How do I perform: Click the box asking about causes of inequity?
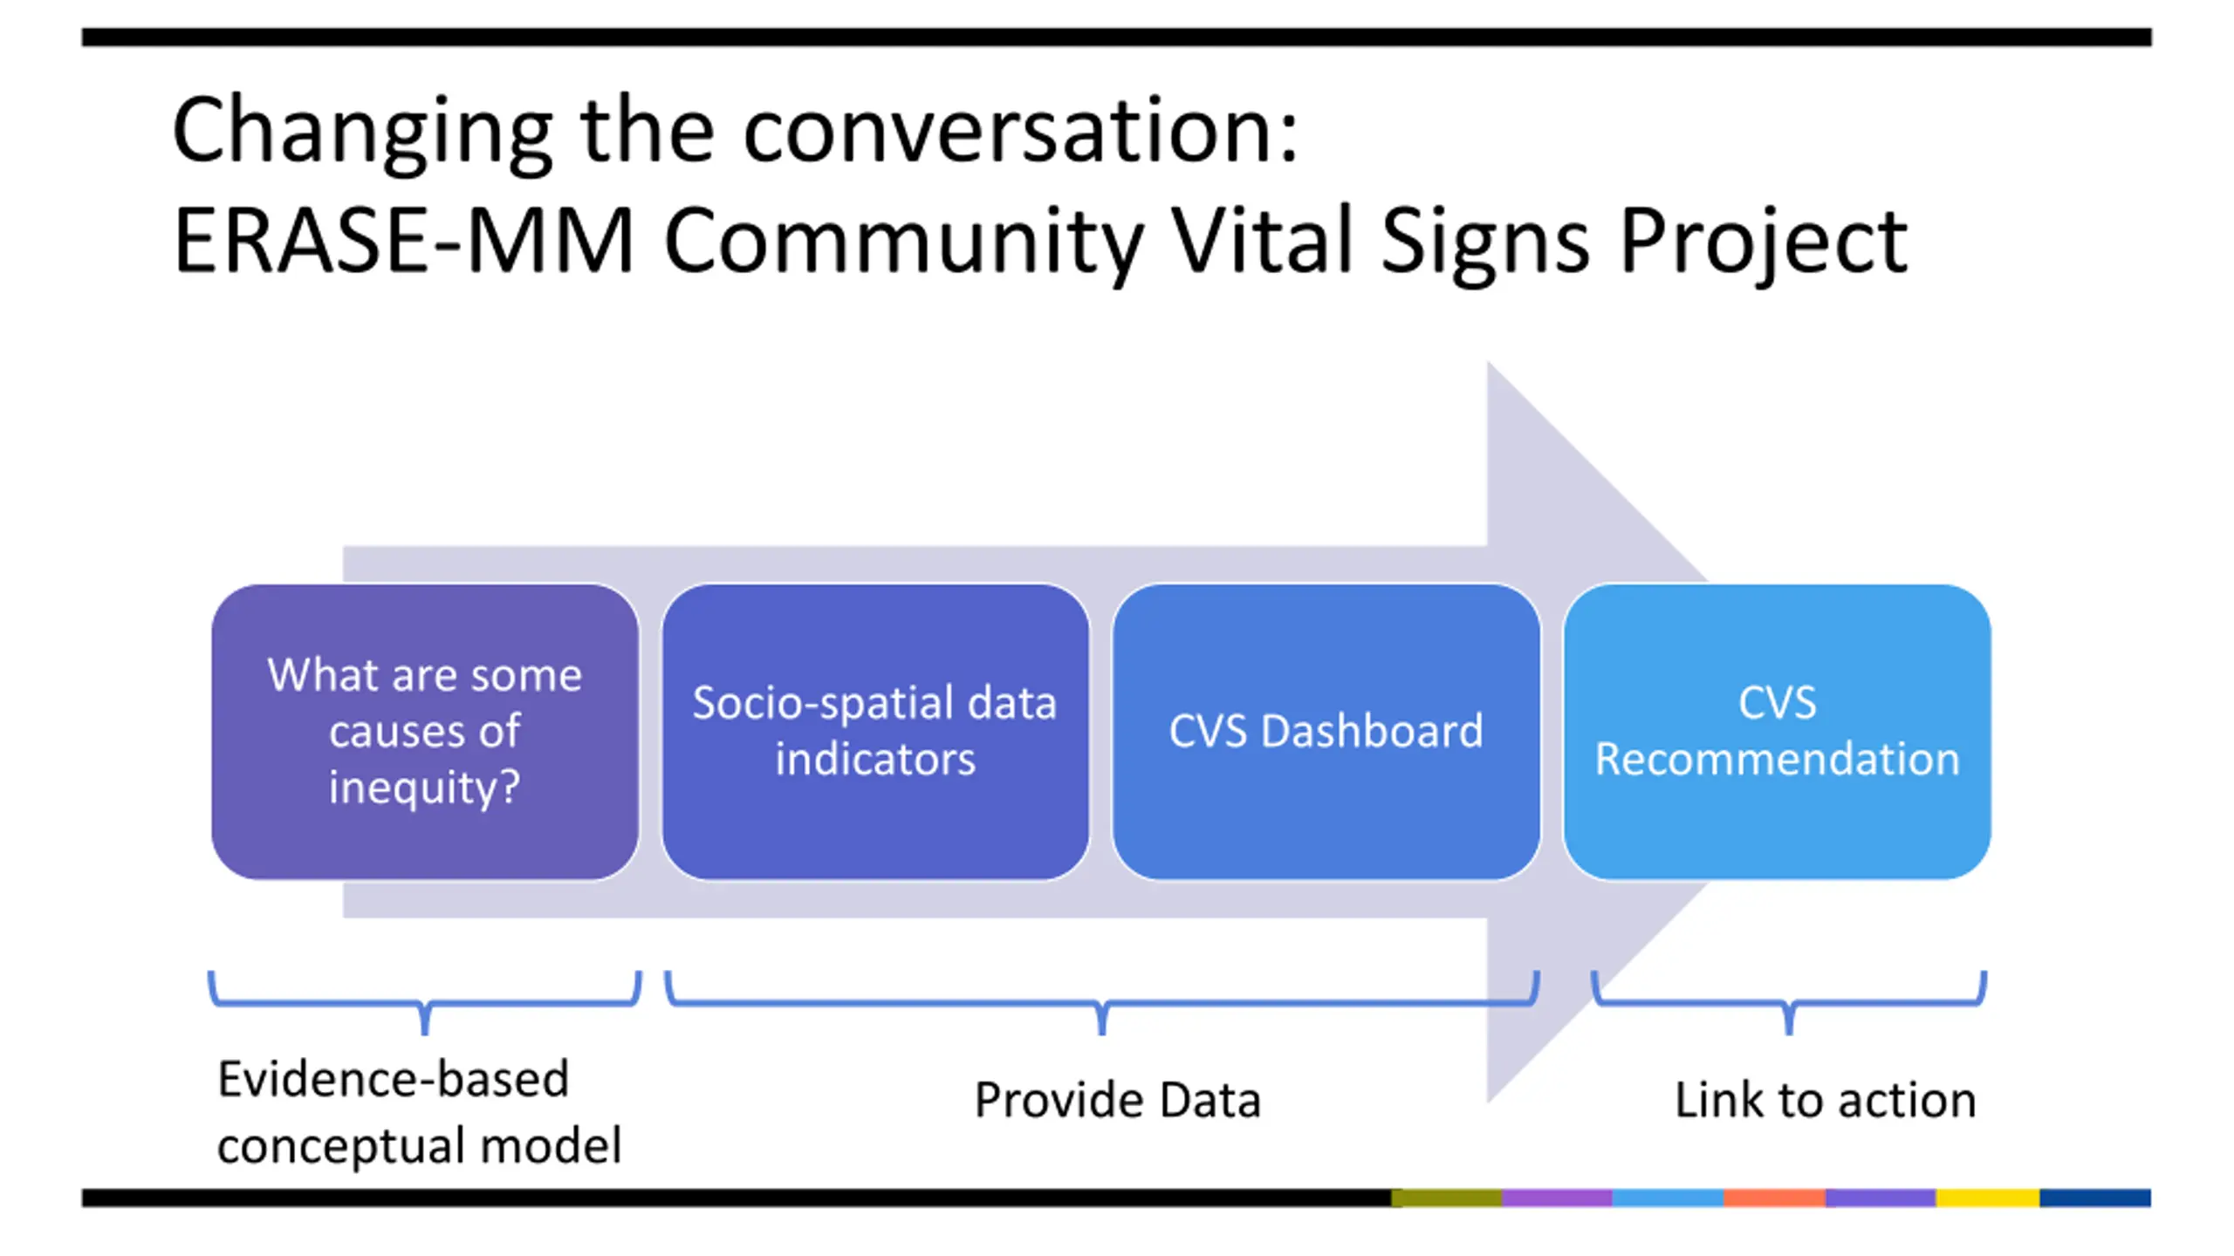click(x=425, y=732)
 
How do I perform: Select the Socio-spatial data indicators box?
click(x=875, y=732)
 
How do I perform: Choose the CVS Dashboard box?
click(x=1326, y=732)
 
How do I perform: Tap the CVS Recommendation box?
click(x=1777, y=732)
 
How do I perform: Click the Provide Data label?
click(x=1118, y=1100)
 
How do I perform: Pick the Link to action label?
click(x=1826, y=1100)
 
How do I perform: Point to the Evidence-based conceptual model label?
click(x=420, y=1112)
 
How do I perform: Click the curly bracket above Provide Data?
click(x=1102, y=1004)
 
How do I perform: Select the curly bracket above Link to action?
click(x=1790, y=1004)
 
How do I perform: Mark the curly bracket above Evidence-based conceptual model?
click(x=425, y=1004)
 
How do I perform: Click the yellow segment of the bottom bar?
click(x=1987, y=1198)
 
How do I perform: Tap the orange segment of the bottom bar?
click(x=1774, y=1198)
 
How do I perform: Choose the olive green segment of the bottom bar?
click(x=1446, y=1198)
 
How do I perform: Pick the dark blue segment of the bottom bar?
click(x=2095, y=1198)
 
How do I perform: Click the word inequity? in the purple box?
click(x=425, y=788)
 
